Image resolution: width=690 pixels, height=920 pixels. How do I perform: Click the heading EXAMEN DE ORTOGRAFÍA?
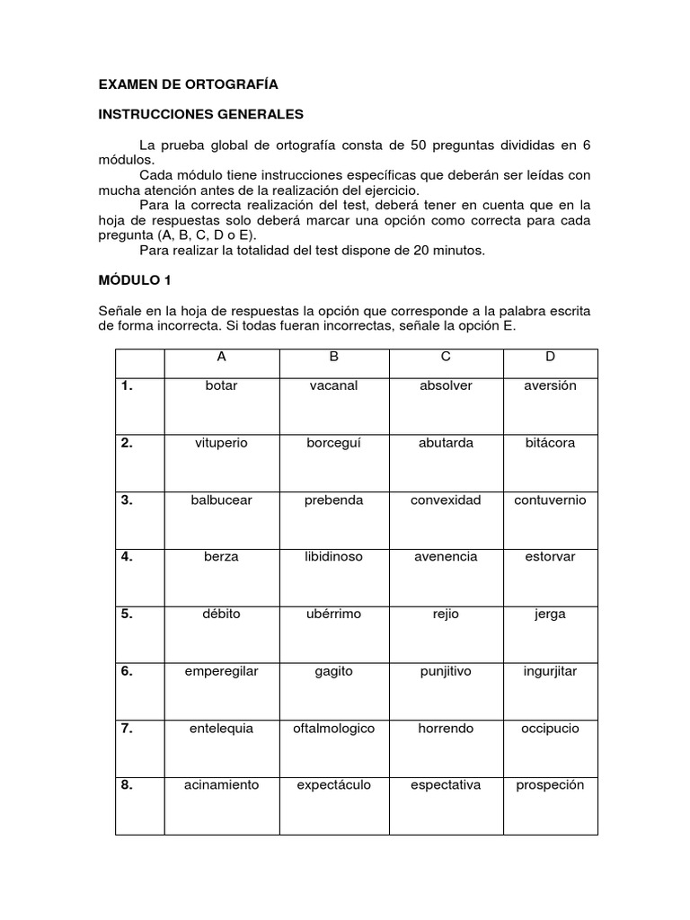tap(188, 84)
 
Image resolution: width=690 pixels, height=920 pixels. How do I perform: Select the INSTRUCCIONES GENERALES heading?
tap(201, 115)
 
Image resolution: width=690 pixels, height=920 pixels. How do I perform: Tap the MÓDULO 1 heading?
tap(134, 280)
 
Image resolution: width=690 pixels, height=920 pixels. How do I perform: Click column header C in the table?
tap(446, 357)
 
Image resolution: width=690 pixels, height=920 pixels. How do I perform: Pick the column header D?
tap(550, 357)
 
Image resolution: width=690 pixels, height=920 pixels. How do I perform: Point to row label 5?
tap(127, 614)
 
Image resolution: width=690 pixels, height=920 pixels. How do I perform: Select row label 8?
tap(127, 784)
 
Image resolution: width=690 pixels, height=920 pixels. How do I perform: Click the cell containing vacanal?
tap(333, 385)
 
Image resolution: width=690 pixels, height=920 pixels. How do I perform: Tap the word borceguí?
tap(333, 443)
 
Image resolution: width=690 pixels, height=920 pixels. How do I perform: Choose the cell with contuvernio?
tap(550, 500)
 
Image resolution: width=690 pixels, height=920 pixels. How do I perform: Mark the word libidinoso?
tap(333, 557)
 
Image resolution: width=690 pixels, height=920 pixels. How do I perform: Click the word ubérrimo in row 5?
tap(333, 614)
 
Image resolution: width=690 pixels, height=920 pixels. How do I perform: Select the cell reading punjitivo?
tap(446, 670)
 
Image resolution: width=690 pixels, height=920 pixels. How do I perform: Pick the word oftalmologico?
tap(333, 728)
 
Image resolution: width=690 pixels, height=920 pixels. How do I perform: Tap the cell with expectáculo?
tap(333, 784)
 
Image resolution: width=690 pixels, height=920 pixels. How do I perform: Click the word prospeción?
tap(550, 784)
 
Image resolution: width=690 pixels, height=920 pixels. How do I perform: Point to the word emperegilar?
tap(221, 670)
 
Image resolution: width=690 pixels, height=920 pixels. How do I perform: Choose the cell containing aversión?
tap(550, 385)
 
